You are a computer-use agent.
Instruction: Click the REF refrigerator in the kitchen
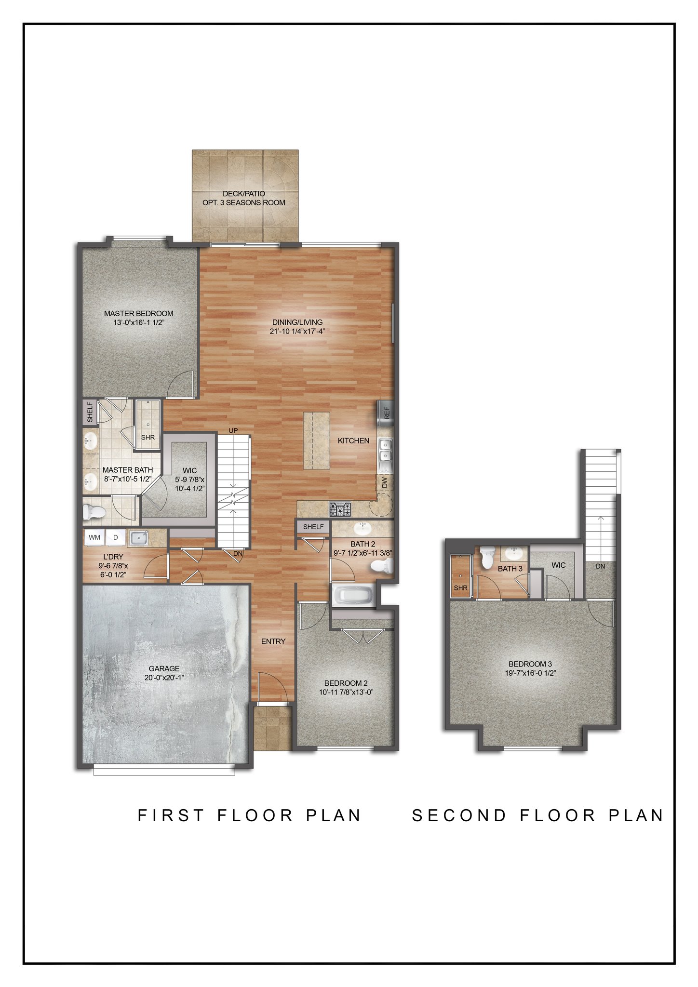click(386, 413)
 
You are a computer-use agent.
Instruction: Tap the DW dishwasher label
click(385, 482)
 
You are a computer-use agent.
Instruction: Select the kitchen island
click(317, 440)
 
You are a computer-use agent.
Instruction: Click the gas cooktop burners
click(340, 509)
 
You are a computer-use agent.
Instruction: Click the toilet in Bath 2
click(383, 566)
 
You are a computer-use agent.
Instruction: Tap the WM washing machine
click(94, 537)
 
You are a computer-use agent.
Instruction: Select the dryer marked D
click(116, 537)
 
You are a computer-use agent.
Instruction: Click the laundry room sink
click(139, 538)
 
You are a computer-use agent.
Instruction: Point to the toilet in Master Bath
click(94, 512)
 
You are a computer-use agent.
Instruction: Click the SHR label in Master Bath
click(148, 438)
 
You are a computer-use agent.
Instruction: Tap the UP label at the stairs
click(233, 430)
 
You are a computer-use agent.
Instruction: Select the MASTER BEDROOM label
click(139, 313)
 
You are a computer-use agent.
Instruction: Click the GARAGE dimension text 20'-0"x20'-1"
click(164, 678)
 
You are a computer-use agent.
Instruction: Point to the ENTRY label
click(273, 641)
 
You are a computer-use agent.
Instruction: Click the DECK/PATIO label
click(244, 194)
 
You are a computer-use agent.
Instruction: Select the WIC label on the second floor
click(559, 565)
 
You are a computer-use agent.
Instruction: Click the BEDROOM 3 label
click(530, 664)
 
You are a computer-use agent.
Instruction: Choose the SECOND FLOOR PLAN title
click(537, 815)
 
